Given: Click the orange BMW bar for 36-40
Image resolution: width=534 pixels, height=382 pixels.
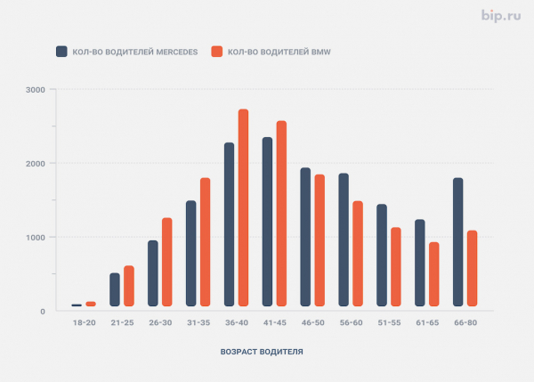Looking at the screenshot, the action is coord(243,207).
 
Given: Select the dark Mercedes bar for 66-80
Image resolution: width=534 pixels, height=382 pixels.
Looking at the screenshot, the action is coord(457,242).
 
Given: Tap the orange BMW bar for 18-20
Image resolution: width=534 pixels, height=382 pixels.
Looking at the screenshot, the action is coord(91,304).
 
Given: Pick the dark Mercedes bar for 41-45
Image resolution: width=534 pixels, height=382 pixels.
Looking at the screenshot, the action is coord(267,222).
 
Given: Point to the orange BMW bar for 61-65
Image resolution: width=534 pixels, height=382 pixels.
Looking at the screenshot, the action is coord(434,274).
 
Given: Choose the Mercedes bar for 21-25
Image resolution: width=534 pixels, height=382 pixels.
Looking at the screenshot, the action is coord(115,289).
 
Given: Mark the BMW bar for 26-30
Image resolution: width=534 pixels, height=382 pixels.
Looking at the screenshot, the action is coord(167,262).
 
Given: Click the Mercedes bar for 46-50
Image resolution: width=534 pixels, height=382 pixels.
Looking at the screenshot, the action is coord(305,237).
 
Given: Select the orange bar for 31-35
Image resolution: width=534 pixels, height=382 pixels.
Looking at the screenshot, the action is coord(205,242).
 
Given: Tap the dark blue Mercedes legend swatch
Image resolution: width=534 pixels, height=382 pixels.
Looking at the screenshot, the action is coord(61,52).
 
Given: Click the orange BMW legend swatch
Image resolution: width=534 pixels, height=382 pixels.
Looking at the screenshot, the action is coord(217,52).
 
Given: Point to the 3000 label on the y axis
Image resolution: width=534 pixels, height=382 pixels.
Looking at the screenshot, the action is coord(35,90).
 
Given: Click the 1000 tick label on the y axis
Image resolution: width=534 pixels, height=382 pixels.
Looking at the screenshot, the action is coord(35,237).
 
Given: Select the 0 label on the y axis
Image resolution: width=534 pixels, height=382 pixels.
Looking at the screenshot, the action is coord(43,312).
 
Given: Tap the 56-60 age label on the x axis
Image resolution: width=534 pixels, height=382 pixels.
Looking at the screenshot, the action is coord(352,322).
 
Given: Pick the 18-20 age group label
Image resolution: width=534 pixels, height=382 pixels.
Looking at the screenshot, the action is coord(85,322).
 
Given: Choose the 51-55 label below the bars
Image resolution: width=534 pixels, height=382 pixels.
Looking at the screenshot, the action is coord(389,322).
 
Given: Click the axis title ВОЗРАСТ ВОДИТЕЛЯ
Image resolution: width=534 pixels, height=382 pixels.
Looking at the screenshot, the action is coord(262,352).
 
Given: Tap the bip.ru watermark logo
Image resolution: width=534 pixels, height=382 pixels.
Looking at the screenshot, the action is coord(501,16).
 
